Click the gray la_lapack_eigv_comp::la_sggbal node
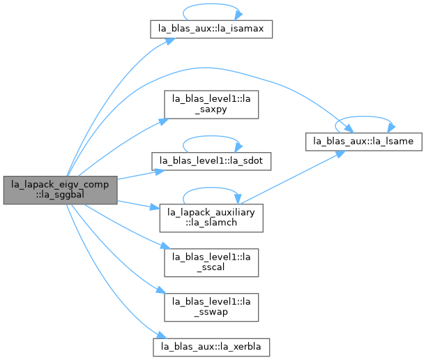(61, 190)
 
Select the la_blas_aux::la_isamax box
(211, 29)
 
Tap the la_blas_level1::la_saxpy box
(211, 105)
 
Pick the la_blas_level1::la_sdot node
(211, 161)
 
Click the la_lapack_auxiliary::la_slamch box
(211, 218)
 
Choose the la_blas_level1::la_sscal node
(211, 262)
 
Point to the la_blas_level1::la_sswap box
(211, 307)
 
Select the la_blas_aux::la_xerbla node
(211, 347)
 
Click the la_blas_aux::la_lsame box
(364, 142)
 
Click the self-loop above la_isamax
(211, 4)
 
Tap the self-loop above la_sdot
(211, 136)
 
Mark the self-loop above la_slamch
(211, 188)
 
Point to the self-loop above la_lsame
(364, 117)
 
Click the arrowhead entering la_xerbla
(161, 335)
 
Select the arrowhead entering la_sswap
(161, 290)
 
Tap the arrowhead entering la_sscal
(165, 246)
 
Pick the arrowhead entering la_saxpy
(164, 121)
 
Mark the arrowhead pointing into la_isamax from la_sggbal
(170, 41)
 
